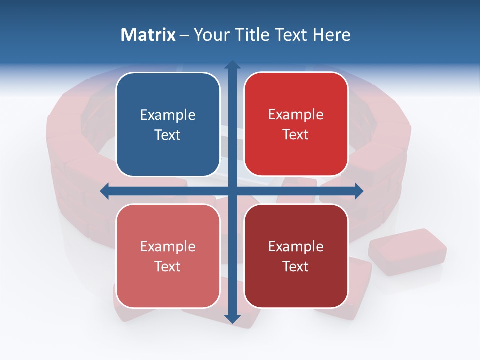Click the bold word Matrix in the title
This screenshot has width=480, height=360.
click(x=148, y=35)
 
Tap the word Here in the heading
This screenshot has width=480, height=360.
click(x=331, y=35)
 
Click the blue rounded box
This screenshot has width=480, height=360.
click(x=168, y=124)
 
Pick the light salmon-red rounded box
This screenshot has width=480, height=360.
click(x=168, y=256)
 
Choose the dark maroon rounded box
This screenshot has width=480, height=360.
click(x=296, y=256)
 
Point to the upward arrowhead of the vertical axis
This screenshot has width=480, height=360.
click(x=232, y=65)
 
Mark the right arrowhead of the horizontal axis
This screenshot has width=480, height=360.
click(x=359, y=191)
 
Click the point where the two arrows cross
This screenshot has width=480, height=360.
click(x=232, y=191)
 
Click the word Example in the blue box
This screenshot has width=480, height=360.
click(x=168, y=115)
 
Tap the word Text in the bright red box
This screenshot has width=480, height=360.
click(x=296, y=134)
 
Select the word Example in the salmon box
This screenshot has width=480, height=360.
click(x=168, y=247)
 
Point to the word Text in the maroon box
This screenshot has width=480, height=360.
click(x=296, y=266)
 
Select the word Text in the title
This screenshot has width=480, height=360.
click(x=289, y=35)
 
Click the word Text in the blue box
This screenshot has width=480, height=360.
click(x=168, y=135)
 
